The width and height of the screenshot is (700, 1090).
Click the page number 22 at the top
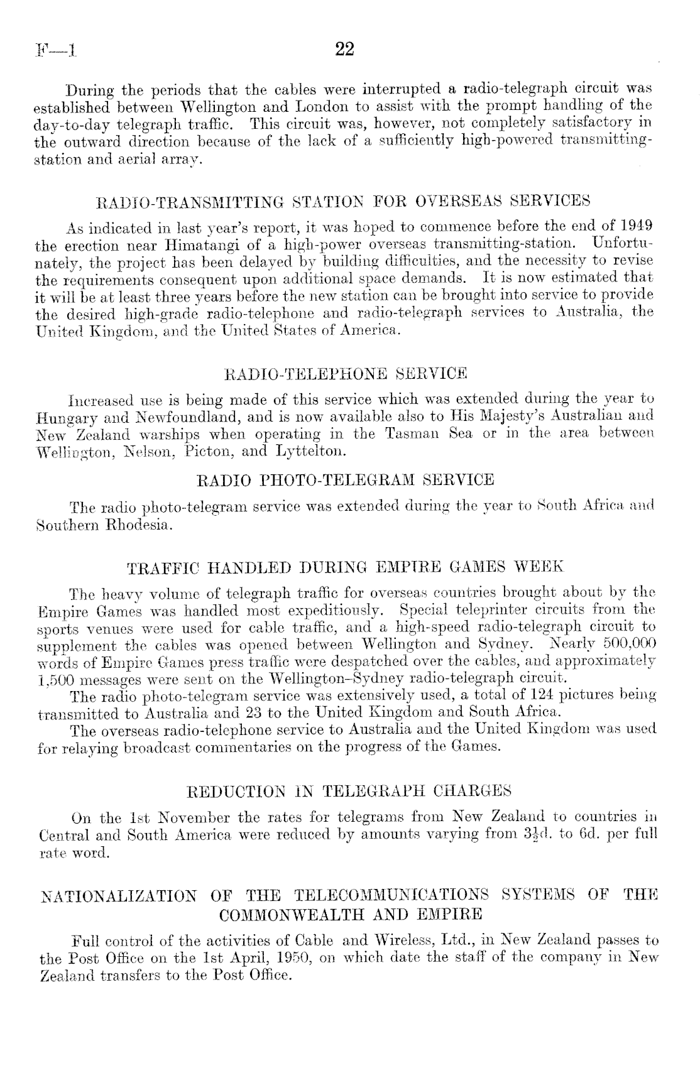(345, 48)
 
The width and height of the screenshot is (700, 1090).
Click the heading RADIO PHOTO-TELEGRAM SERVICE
(346, 480)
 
